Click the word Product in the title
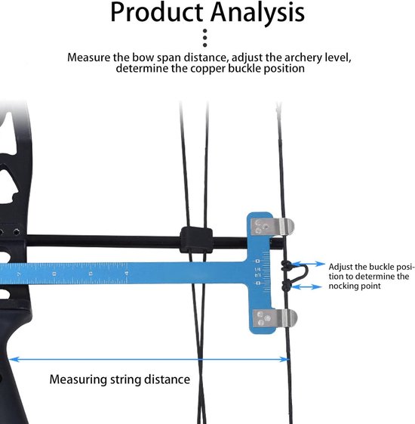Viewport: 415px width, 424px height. (x=157, y=12)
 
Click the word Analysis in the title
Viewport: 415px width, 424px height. (x=258, y=13)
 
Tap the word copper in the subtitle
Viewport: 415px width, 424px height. (x=207, y=69)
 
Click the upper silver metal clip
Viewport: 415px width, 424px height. (x=272, y=227)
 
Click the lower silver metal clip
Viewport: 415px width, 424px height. (x=275, y=317)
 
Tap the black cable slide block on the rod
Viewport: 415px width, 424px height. (x=196, y=240)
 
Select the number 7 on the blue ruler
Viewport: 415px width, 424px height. (x=19, y=274)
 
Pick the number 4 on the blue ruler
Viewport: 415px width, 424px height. (x=127, y=274)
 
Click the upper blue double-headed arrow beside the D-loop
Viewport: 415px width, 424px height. (x=309, y=264)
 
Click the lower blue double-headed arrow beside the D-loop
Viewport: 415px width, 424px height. (x=307, y=286)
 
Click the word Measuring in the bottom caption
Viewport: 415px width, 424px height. (x=78, y=380)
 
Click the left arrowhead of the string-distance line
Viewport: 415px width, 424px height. (x=14, y=359)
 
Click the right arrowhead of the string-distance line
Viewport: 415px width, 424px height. (x=284, y=359)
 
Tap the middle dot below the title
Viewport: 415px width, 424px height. (x=205, y=38)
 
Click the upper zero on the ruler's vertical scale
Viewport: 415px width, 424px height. (x=257, y=262)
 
